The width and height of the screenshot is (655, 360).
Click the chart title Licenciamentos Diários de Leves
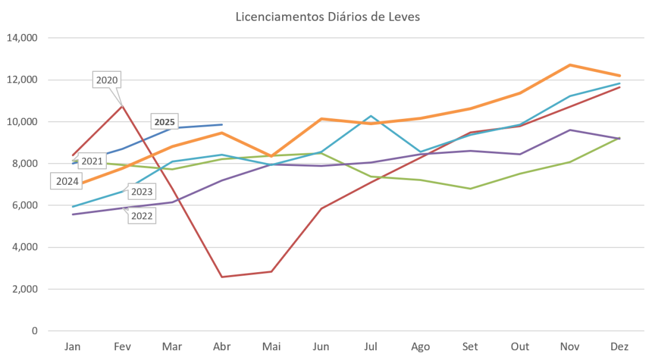(x=328, y=17)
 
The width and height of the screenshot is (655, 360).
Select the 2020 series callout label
(x=107, y=80)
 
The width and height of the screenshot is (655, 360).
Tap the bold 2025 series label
(x=164, y=122)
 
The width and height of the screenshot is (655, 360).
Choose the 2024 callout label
(x=67, y=181)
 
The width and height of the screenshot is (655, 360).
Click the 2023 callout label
(x=141, y=191)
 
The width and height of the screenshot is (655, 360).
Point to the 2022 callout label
(x=141, y=216)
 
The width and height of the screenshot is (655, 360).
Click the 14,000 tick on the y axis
(x=22, y=38)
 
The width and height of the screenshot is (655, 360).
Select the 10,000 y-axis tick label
(x=22, y=122)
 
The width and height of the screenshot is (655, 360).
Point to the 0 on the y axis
(x=34, y=331)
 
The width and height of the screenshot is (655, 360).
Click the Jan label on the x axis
(x=73, y=347)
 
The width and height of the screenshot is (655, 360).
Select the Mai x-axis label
(x=271, y=347)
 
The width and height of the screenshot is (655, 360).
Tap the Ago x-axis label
(x=421, y=347)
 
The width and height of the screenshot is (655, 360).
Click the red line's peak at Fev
(x=122, y=106)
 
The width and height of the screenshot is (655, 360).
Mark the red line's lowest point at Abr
(x=222, y=277)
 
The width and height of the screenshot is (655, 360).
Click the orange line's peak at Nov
(x=570, y=65)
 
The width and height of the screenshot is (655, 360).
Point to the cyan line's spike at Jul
(x=371, y=116)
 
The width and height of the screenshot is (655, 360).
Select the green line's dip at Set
(x=471, y=188)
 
